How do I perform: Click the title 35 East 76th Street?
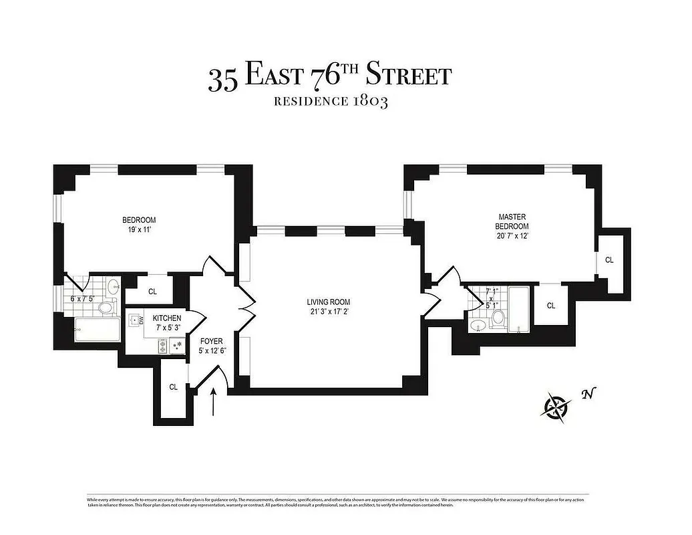point(329,76)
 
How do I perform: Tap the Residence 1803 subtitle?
point(330,102)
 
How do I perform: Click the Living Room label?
point(328,302)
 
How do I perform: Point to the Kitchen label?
point(166,318)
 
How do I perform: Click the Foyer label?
point(211,341)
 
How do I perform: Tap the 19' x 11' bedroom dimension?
point(139,229)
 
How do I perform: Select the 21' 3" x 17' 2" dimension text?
point(328,312)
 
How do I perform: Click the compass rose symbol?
point(557,406)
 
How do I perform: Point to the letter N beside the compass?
point(587,394)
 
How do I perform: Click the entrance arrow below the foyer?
point(214,403)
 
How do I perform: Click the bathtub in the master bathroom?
point(518,308)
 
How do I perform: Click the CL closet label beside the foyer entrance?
point(173,387)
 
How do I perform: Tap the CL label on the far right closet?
point(609,259)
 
